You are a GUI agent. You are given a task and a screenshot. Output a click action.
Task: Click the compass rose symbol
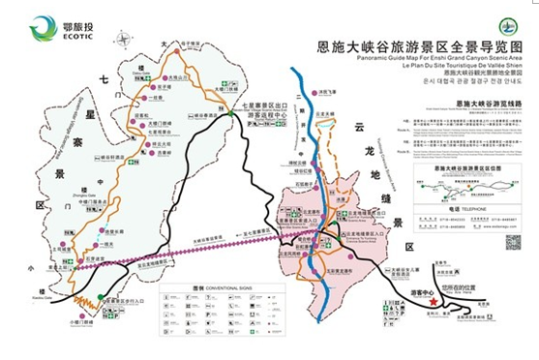pyautogui.click(x=122, y=39)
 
